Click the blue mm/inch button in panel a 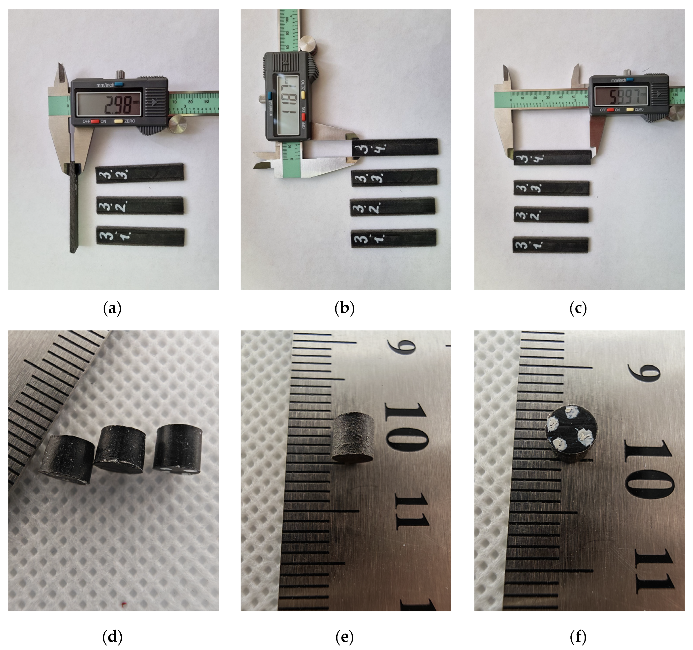119,84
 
